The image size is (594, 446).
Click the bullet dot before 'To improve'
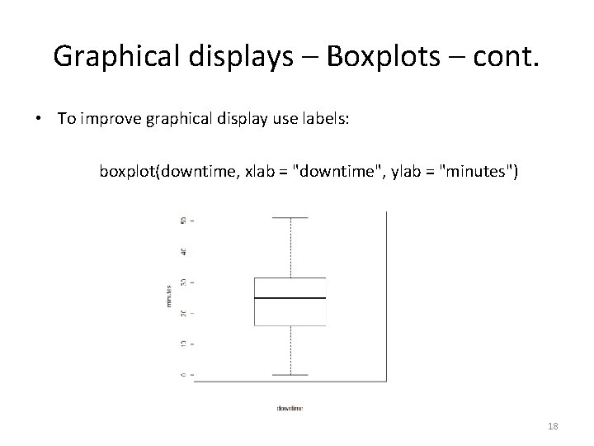click(x=40, y=119)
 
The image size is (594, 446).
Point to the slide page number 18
click(x=553, y=425)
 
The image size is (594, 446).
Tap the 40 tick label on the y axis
click(x=182, y=250)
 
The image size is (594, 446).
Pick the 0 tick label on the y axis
click(x=182, y=374)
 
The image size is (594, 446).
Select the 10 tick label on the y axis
click(x=182, y=344)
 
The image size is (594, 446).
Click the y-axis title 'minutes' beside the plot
click(x=168, y=297)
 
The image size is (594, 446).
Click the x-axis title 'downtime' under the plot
click(x=290, y=408)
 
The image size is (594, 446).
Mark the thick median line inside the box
click(x=290, y=297)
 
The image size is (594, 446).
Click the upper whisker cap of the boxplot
click(x=290, y=218)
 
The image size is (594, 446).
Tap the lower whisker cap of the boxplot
click(x=290, y=375)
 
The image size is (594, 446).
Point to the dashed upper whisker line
click(x=290, y=248)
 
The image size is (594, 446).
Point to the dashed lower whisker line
click(x=290, y=350)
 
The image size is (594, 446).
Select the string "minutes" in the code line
click(x=479, y=172)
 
